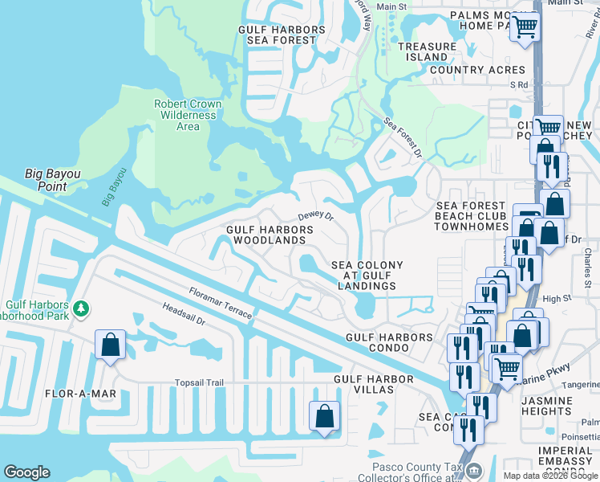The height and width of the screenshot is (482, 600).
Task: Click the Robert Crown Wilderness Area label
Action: click(188, 115)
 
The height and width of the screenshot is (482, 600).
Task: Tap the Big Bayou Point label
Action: click(57, 180)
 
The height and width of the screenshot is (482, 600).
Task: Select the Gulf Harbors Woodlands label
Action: click(266, 235)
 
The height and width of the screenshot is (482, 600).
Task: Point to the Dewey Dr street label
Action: click(315, 216)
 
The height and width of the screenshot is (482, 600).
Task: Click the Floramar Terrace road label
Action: click(221, 303)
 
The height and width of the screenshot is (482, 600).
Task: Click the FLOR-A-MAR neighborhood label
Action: click(82, 394)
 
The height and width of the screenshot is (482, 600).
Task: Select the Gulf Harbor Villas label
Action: click(374, 384)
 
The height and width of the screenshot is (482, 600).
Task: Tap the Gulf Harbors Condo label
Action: click(389, 343)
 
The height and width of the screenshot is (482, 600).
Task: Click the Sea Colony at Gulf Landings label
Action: click(367, 276)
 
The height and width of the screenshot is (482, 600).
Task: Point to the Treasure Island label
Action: click(428, 52)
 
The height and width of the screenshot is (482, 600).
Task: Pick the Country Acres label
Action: click(477, 70)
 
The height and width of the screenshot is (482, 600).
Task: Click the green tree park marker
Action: click(80, 308)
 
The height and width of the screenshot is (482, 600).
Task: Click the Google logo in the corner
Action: click(26, 472)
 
